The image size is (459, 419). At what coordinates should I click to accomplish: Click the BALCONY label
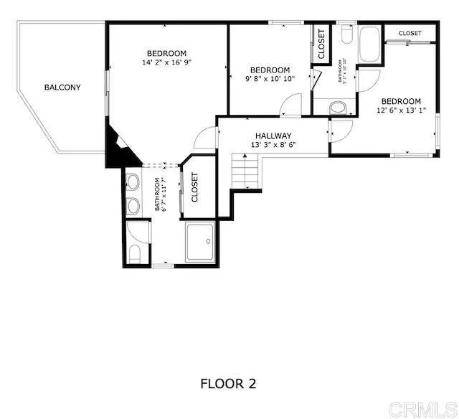62,88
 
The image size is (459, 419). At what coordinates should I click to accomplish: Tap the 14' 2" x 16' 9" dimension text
166,62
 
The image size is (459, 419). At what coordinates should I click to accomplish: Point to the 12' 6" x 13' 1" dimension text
401,110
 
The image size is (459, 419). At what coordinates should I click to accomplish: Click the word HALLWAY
273,136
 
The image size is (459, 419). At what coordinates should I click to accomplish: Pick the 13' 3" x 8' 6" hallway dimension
273,145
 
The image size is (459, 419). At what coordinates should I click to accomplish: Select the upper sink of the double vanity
133,181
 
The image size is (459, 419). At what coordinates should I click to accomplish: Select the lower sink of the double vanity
133,206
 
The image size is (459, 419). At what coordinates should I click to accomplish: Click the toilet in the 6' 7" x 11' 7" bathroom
135,253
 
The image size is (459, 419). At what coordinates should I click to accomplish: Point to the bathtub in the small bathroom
370,45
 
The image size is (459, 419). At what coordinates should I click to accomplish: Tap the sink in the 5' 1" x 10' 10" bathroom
339,108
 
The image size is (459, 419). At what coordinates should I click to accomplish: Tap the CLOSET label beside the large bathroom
194,188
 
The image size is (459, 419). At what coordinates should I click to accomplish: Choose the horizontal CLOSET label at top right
410,33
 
